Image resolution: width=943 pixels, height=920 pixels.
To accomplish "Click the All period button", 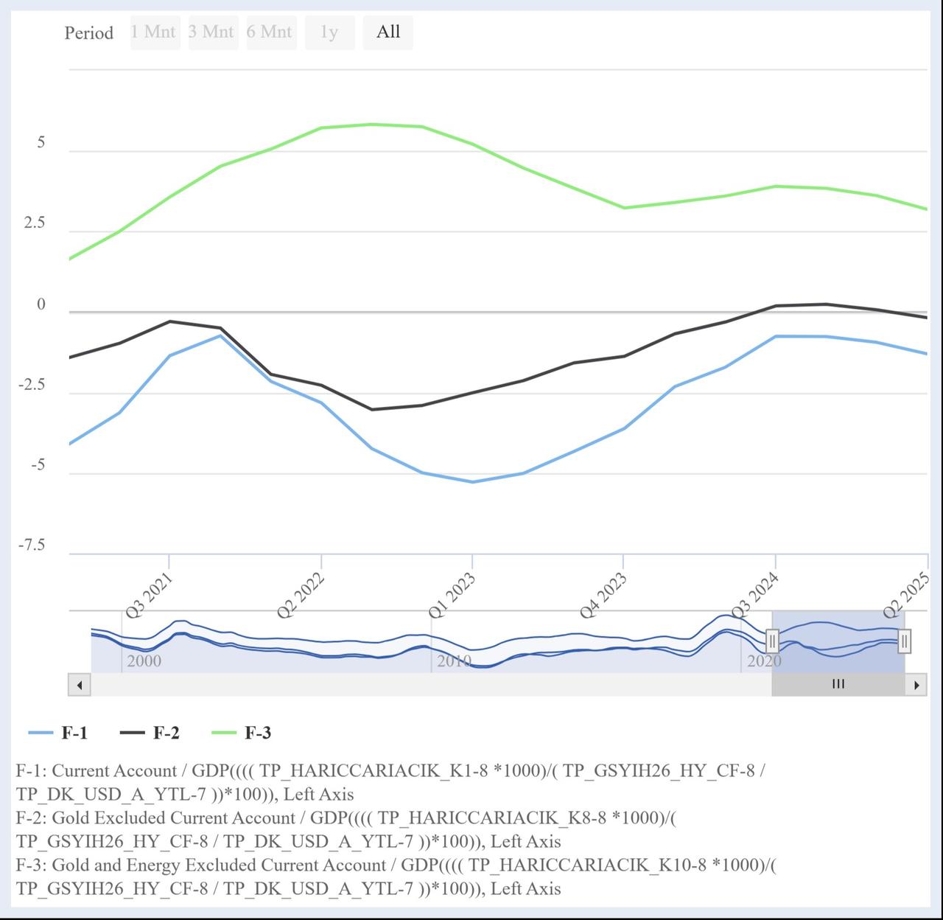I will click(388, 32).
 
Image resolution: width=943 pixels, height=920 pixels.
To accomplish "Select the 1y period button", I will click(329, 32).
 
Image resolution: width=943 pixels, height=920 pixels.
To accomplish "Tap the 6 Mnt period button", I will click(270, 32).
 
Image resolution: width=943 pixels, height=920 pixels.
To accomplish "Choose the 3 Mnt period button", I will click(212, 32).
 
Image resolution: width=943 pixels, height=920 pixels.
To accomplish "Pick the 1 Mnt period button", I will click(154, 32).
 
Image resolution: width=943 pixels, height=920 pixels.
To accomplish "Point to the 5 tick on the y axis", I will click(41, 142).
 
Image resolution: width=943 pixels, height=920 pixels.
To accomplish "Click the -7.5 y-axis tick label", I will click(32, 545).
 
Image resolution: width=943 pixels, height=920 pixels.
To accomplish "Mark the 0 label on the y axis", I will click(41, 304).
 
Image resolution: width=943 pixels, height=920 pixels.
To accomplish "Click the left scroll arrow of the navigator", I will click(79, 685).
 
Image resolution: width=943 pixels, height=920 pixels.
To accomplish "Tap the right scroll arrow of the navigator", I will click(916, 685).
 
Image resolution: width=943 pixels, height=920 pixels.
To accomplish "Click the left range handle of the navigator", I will click(772, 641).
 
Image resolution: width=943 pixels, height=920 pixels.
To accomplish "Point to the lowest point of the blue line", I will click(473, 482).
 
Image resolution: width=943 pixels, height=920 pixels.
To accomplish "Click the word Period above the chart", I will click(88, 33).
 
